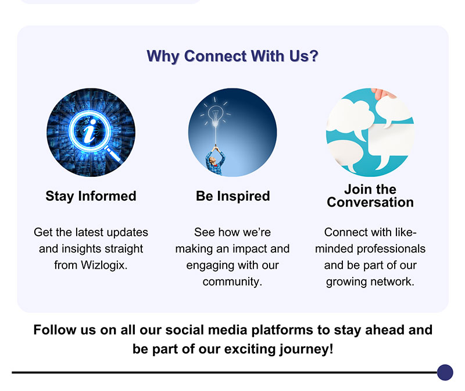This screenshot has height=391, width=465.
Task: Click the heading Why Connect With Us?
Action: (233, 56)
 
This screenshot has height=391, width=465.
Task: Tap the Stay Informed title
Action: (91, 196)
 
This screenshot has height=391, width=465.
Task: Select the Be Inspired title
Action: (233, 196)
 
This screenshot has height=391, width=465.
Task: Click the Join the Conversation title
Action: (370, 195)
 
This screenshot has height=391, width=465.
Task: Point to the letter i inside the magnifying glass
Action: (90, 131)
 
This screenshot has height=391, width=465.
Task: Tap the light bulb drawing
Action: (216, 115)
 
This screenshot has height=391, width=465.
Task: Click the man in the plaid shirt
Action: (214, 161)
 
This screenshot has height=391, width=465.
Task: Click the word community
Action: (233, 282)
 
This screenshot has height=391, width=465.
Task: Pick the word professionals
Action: (391, 249)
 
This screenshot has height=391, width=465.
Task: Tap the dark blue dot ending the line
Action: (445, 372)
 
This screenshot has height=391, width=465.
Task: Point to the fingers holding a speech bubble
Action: (383, 93)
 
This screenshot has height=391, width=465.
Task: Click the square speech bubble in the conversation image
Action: (391, 145)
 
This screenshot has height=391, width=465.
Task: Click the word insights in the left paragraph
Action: (78, 249)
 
